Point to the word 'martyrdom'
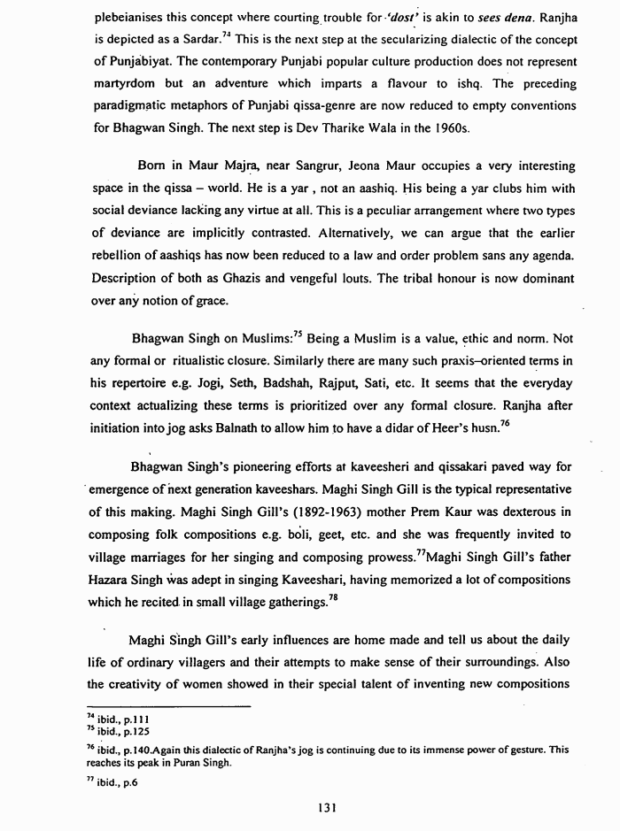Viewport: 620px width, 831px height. click(x=125, y=83)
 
